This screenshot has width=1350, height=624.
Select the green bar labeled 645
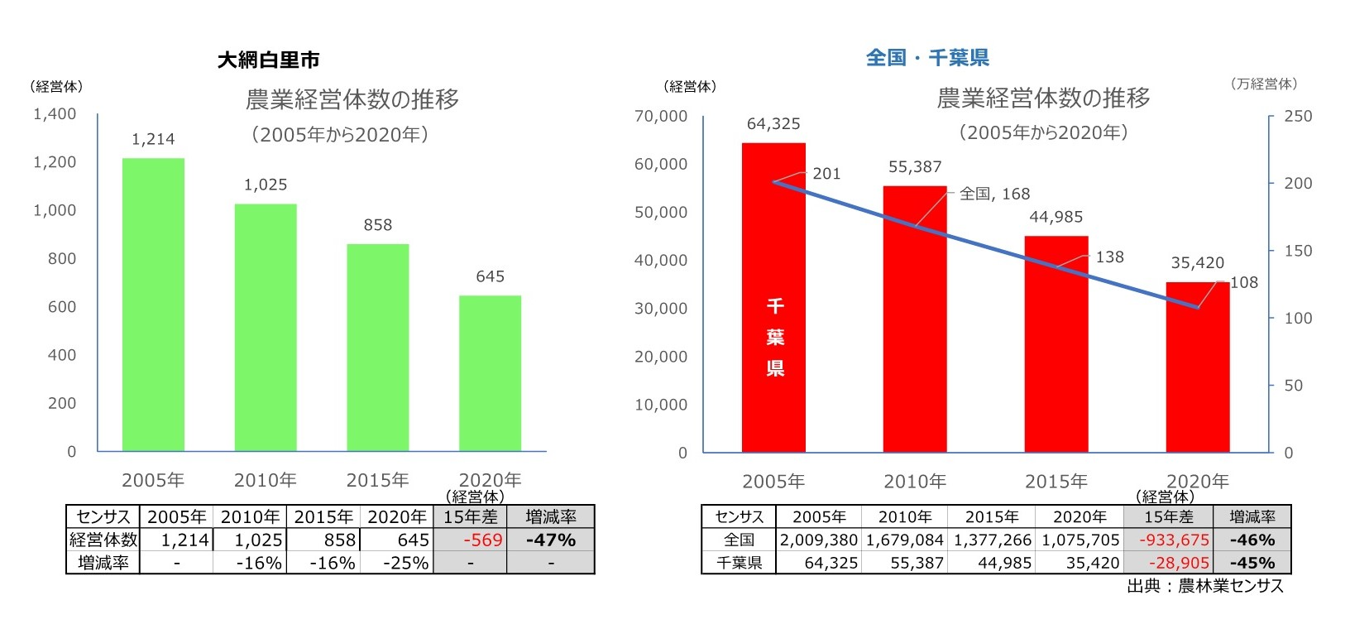(x=490, y=372)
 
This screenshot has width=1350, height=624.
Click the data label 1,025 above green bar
(x=266, y=185)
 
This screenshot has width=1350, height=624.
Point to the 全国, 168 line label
(x=994, y=194)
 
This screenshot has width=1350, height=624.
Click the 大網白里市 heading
(x=268, y=60)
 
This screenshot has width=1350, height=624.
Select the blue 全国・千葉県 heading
(x=927, y=58)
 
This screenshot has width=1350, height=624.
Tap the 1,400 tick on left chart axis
(x=55, y=114)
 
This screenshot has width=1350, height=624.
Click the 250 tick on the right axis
(x=1297, y=117)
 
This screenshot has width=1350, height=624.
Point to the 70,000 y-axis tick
(x=660, y=117)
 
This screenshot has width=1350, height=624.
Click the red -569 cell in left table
(x=482, y=540)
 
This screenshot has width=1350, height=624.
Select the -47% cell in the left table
(x=551, y=540)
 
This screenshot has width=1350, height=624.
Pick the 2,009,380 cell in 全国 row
(x=818, y=540)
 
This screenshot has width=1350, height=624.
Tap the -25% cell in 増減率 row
(x=405, y=563)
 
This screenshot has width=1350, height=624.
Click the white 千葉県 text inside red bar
(x=774, y=337)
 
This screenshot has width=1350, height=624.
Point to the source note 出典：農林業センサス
(x=1204, y=586)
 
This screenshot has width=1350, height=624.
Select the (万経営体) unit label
(x=1264, y=84)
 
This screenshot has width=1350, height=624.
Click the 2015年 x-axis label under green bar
(x=377, y=480)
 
